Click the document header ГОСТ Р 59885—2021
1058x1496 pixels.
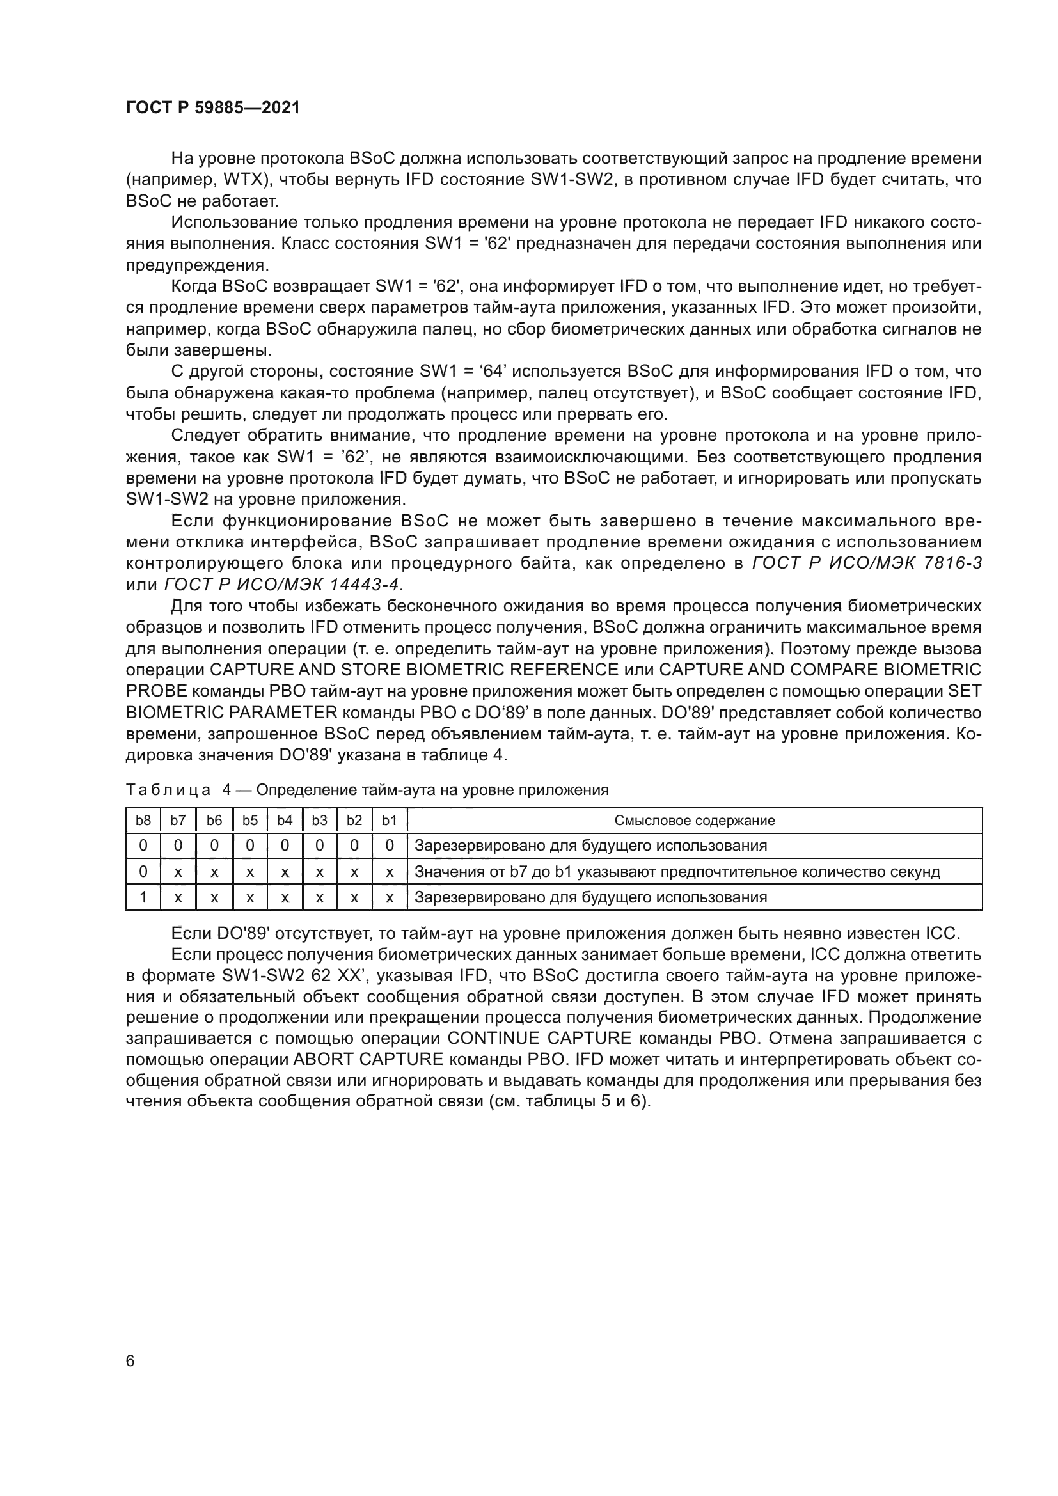[x=212, y=108]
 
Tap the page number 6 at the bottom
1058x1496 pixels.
[x=130, y=1361]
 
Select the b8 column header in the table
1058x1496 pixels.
[x=143, y=821]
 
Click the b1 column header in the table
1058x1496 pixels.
[x=389, y=821]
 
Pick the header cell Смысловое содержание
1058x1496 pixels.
[x=695, y=821]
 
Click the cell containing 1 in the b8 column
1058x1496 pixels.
[x=143, y=897]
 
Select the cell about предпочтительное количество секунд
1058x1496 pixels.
[x=677, y=872]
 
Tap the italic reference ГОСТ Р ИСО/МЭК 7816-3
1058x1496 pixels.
[x=867, y=563]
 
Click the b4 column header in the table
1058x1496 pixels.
[x=285, y=821]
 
